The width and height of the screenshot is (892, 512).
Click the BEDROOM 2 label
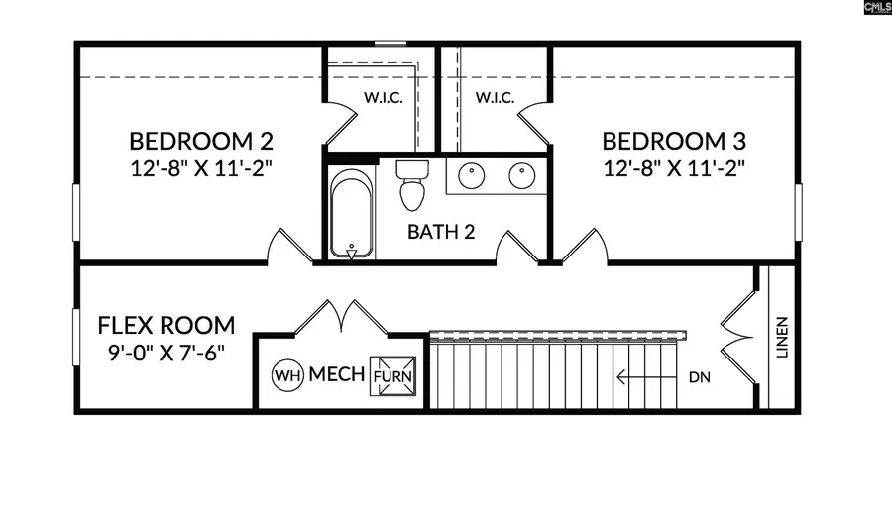[x=201, y=141]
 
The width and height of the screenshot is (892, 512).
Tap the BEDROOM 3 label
[x=674, y=141]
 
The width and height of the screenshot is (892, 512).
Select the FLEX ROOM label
[x=167, y=326]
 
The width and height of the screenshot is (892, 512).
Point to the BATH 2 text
[x=441, y=232]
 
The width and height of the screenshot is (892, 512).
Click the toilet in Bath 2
[x=412, y=184]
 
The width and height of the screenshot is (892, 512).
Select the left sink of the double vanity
[x=472, y=176]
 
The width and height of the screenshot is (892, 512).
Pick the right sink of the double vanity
[x=521, y=176]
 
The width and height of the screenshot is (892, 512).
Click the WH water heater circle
[x=287, y=375]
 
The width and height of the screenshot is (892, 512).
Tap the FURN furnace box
[x=392, y=376]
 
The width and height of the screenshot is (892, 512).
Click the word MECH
[x=337, y=374]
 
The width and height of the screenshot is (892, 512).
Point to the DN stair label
[x=699, y=377]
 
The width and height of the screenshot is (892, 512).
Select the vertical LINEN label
[x=783, y=338]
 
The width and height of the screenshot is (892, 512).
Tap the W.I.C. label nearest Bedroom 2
[x=384, y=98]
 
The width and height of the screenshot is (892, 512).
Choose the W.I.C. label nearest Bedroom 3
[x=495, y=98]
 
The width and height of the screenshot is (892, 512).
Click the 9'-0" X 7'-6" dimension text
[x=167, y=353]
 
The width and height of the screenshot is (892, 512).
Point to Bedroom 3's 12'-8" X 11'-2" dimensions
[x=674, y=168]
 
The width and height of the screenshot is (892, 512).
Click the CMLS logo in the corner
[x=877, y=7]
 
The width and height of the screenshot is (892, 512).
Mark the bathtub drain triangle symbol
[x=352, y=255]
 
